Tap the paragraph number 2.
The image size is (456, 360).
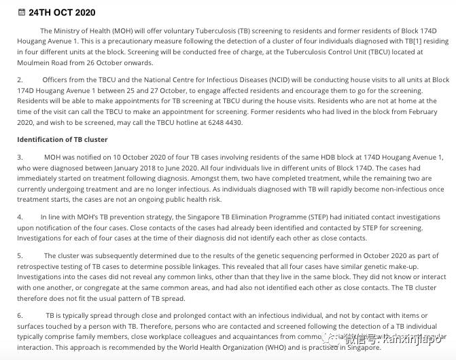(20, 80)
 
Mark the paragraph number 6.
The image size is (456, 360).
(20, 316)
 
